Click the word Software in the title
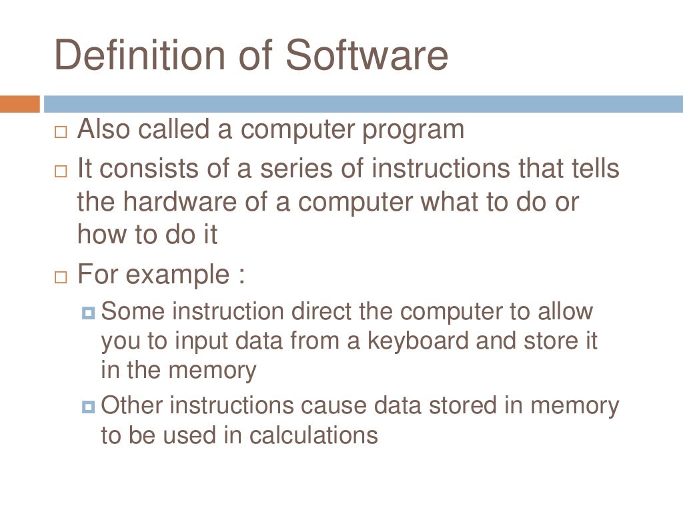pos(367,55)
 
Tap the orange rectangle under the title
pos(19,105)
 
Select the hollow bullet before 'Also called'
pos(61,131)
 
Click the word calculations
pos(313,435)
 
